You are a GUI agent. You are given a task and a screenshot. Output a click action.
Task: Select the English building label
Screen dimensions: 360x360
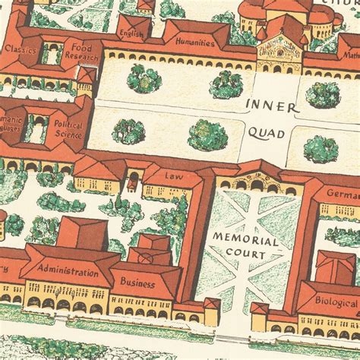tap(131, 33)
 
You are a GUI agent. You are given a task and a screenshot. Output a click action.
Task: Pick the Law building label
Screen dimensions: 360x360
tap(173, 175)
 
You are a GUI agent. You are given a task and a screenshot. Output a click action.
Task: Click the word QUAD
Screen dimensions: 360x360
tap(266, 134)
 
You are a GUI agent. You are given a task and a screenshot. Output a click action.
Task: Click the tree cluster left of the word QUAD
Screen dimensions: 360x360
tap(207, 134)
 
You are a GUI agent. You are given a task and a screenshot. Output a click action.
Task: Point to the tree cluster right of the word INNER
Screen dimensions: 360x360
tap(322, 95)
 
